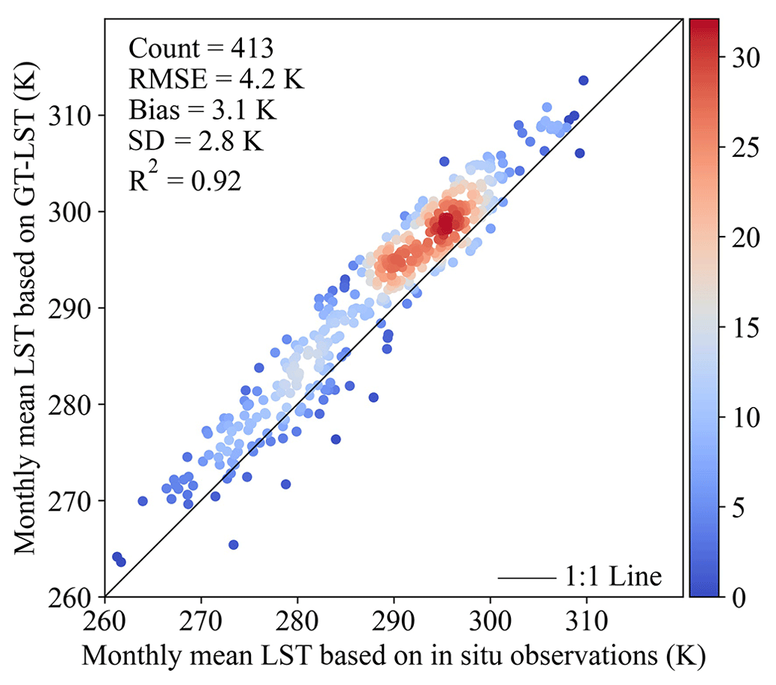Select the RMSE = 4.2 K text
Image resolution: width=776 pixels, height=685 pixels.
point(216,79)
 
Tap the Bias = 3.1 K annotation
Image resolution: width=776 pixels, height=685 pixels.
point(202,110)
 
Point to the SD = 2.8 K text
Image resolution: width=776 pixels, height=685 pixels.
point(196,140)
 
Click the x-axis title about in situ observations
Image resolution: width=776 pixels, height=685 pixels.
point(394,655)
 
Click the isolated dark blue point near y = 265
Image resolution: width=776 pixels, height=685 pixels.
point(234,545)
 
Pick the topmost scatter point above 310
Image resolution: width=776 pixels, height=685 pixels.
point(584,80)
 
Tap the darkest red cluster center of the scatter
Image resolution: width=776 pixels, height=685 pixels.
point(445,223)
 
